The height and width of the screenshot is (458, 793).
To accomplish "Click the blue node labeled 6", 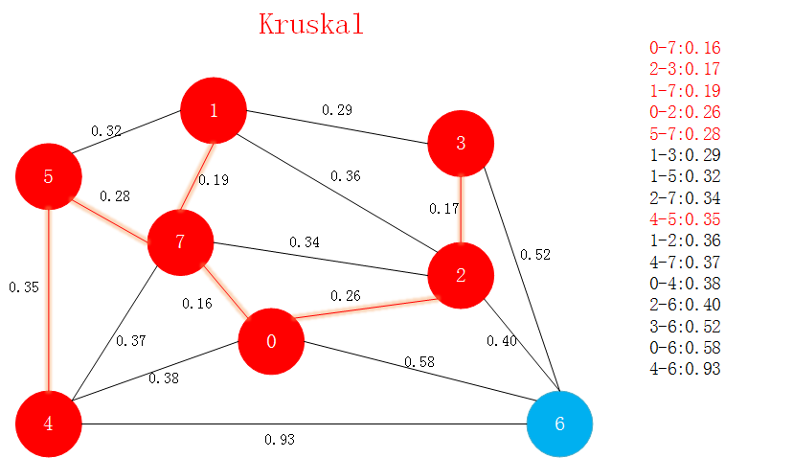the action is [560, 424].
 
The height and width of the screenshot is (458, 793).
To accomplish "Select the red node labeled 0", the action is [271, 342].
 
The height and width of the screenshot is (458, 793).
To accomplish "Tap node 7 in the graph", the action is [180, 240].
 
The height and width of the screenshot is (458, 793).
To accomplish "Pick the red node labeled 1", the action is [214, 110].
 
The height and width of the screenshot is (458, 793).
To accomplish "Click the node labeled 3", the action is [461, 144].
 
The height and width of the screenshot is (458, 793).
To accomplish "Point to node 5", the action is [48, 177].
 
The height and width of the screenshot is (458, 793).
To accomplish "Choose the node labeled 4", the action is [48, 424].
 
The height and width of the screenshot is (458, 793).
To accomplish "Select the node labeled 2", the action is [461, 276].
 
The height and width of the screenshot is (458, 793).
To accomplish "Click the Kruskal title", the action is [311, 24].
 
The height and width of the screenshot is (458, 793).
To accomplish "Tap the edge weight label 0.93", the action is [280, 440].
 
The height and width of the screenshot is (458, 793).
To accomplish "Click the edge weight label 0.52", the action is [534, 255].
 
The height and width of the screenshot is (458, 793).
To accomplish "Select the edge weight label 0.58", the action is [419, 361].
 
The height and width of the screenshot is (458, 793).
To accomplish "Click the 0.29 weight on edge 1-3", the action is [336, 110].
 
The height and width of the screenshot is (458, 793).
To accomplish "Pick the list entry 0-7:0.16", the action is [684, 48].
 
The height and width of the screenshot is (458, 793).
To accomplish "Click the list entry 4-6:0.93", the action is [684, 369].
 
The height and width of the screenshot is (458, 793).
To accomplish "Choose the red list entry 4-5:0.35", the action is [684, 219].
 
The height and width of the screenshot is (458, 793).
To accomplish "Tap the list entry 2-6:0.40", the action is [684, 305].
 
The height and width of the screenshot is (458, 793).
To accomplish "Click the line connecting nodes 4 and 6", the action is [383, 424].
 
